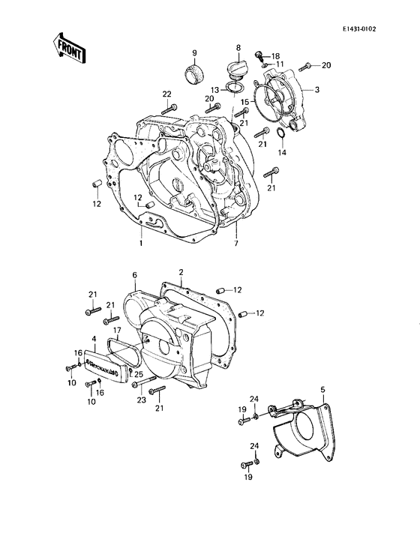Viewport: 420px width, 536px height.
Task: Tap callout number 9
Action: tap(193, 52)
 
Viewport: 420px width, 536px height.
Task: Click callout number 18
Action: tap(274, 56)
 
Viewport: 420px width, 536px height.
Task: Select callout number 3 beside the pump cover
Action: tap(317, 90)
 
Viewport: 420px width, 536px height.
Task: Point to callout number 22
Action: tap(166, 93)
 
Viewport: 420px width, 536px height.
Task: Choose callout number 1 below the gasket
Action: tap(140, 244)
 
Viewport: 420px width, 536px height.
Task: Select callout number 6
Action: tap(135, 274)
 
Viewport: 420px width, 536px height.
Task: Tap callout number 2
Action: tap(181, 271)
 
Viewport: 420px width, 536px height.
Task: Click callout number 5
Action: tap(322, 389)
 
